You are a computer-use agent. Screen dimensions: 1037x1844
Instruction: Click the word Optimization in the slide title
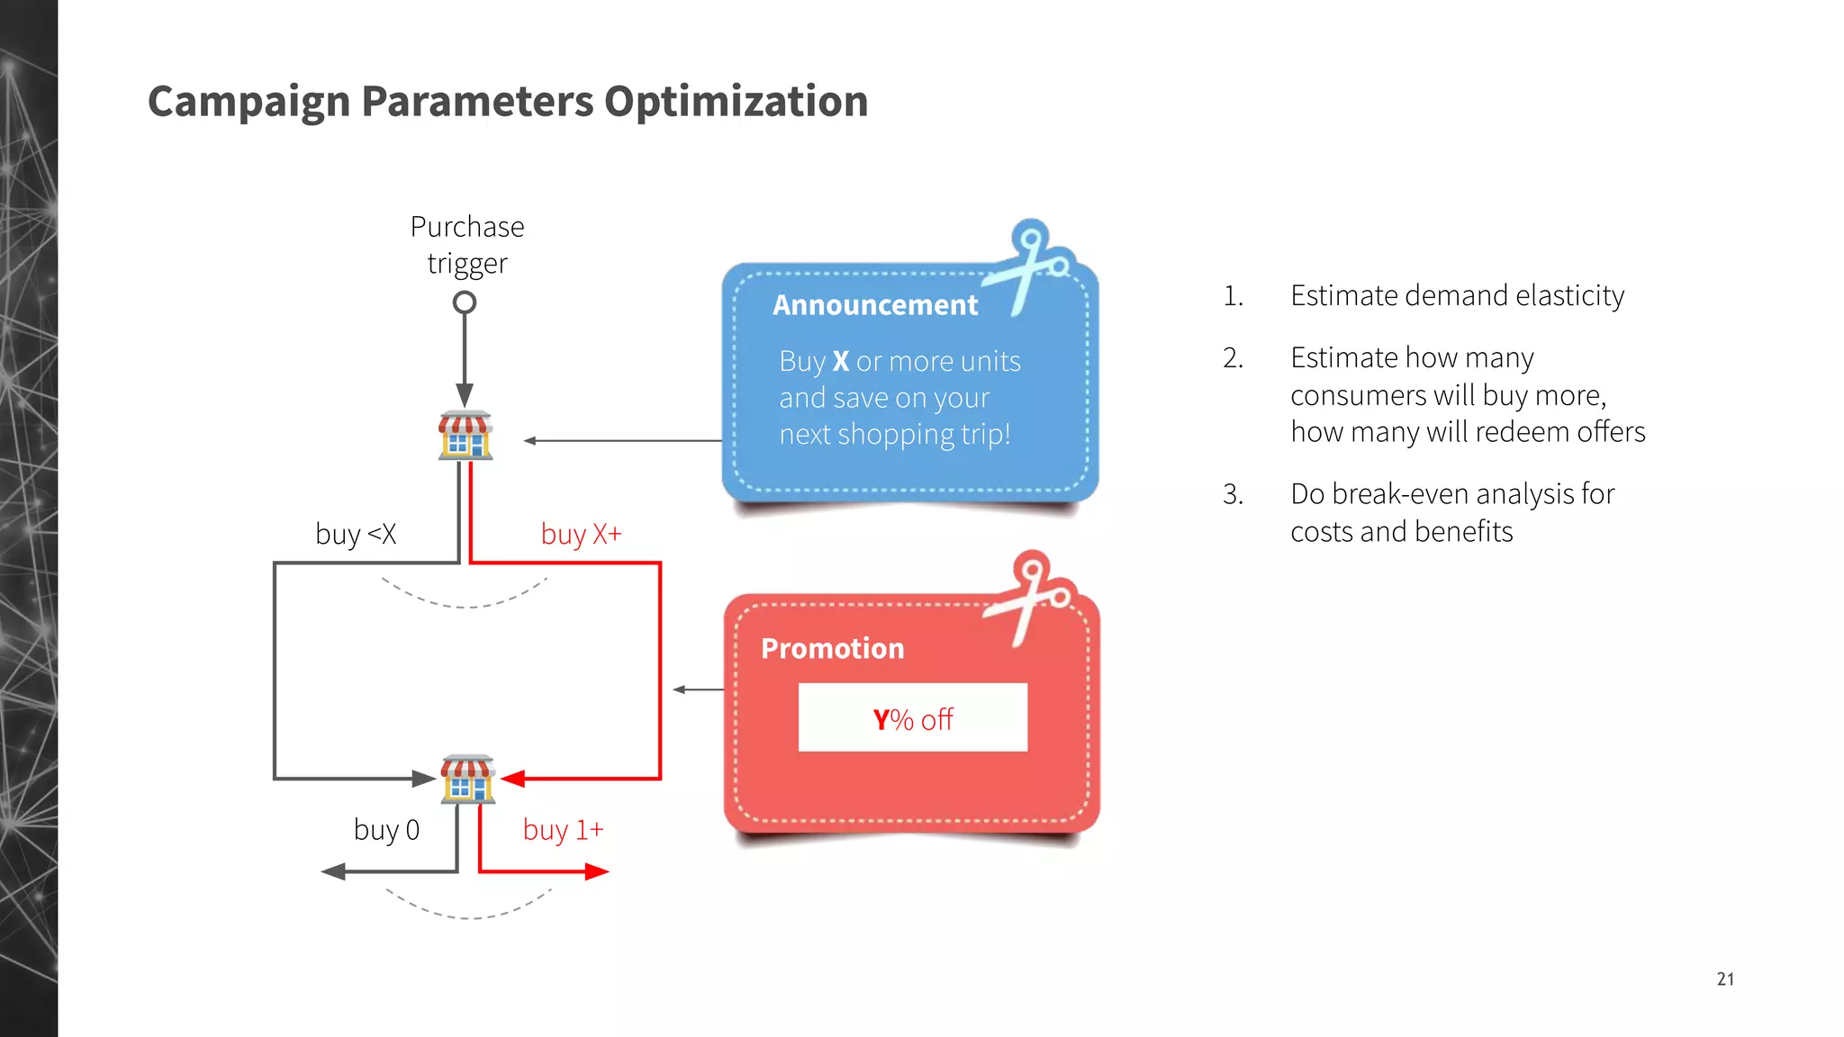736,101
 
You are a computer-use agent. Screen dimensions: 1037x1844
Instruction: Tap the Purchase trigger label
466,245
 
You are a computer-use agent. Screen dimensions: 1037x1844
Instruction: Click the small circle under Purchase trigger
465,302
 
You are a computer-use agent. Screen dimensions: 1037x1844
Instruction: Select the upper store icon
466,435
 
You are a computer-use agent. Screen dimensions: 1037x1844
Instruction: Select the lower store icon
467,779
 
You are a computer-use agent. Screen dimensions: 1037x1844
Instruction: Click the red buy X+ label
581,534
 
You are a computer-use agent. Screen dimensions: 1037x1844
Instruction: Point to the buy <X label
356,534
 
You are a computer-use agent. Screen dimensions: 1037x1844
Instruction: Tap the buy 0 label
386,829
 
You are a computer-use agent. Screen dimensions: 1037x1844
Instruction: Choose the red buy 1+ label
563,829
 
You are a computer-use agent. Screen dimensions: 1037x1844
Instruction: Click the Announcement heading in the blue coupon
875,305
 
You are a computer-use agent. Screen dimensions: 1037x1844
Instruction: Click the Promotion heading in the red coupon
832,648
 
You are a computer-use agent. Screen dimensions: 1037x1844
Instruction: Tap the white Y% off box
912,718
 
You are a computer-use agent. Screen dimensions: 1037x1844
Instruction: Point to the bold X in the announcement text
841,361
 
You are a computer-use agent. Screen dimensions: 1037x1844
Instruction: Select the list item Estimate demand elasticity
1457,295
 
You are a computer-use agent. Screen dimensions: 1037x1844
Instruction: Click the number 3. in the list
1233,494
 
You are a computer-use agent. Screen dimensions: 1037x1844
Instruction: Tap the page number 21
1724,978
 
